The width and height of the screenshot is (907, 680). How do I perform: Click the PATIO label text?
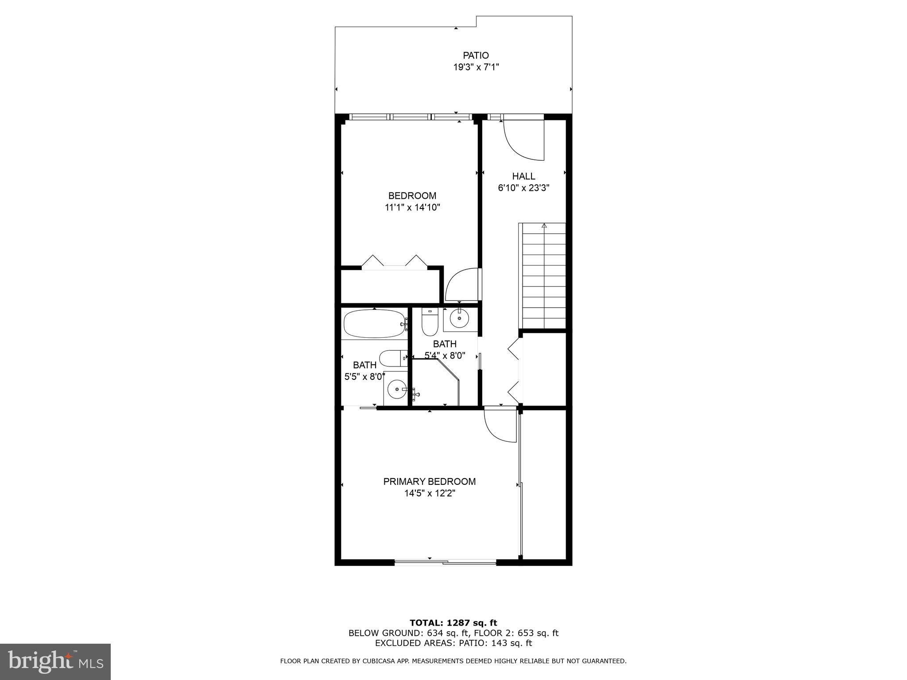(476, 55)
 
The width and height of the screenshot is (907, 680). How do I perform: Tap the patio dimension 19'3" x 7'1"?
(476, 67)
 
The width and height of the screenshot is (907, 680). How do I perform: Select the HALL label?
(523, 176)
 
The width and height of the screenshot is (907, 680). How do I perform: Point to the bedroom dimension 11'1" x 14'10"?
(412, 207)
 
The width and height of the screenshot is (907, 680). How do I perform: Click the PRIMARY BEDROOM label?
(429, 482)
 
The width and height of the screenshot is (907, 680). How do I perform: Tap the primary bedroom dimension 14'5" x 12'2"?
(429, 493)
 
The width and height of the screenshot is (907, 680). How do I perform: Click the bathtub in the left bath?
(374, 324)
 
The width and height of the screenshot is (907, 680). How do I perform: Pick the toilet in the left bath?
(391, 358)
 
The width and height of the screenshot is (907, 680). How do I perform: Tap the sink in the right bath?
(459, 318)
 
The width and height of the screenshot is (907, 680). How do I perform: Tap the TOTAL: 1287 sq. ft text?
(453, 623)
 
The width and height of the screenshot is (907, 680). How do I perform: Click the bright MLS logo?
(55, 661)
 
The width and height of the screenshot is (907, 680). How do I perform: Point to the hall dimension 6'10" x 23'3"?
(523, 188)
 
